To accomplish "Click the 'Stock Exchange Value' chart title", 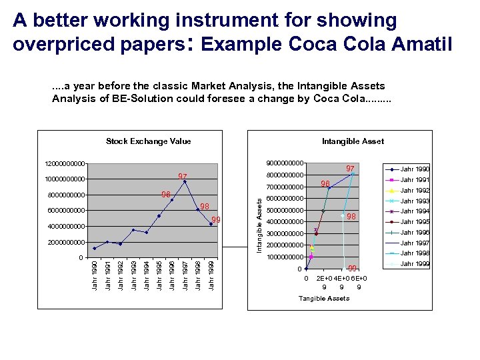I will tap(148, 141).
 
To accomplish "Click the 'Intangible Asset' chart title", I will tap(353, 141).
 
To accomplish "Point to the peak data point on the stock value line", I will tap(185, 181).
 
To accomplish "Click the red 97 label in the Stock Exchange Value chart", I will tap(182, 176).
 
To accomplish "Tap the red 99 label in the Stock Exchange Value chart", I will tap(216, 220).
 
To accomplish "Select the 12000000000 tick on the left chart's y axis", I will tap(65, 163).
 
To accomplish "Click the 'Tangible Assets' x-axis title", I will tap(323, 298).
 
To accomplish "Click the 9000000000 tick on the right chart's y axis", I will tap(285, 163).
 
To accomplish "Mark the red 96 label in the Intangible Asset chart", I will tap(325, 183).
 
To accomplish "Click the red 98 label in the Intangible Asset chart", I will tap(352, 217).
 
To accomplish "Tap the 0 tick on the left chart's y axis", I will tap(80, 257).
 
